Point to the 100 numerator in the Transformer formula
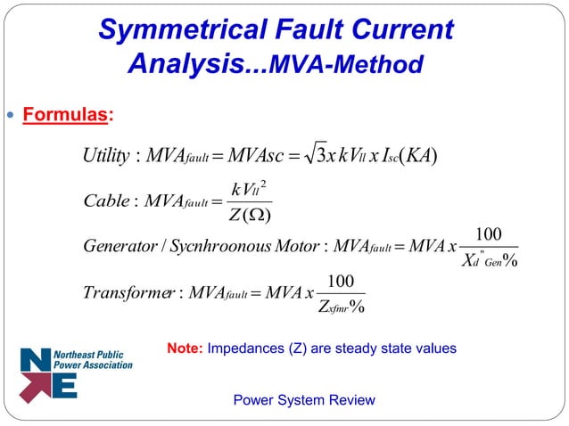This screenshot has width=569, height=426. (x=341, y=281)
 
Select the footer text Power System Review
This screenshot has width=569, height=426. (x=303, y=399)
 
